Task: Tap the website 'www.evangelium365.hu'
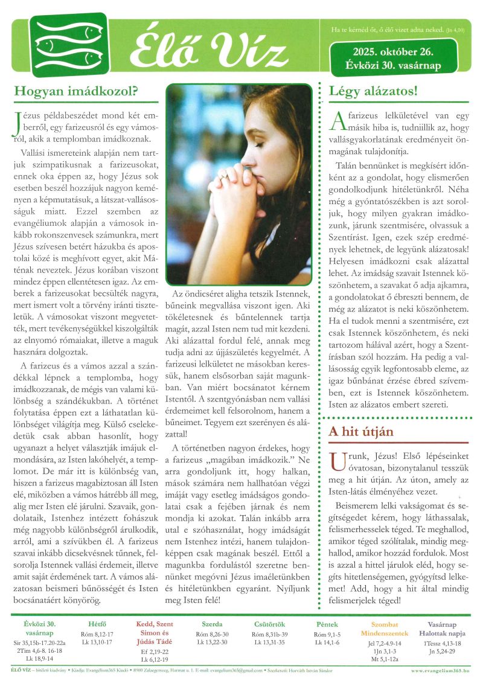pos(444,670)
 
